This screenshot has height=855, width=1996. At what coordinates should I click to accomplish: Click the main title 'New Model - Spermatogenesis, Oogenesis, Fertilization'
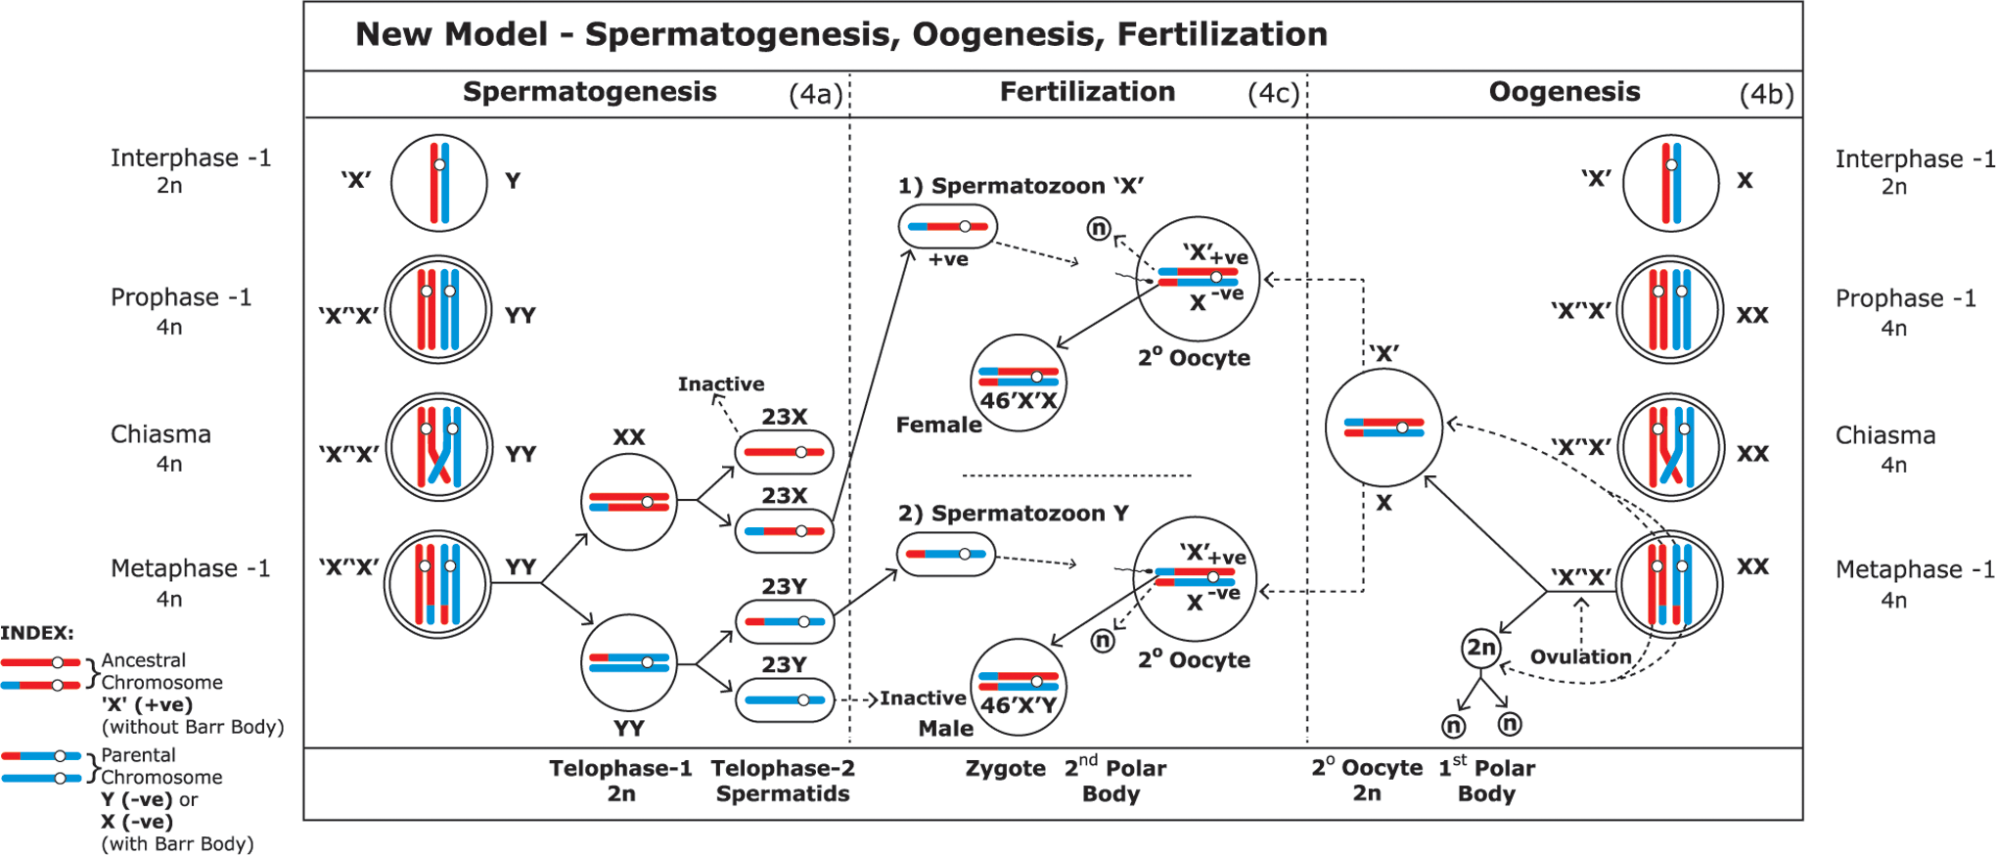coord(841,34)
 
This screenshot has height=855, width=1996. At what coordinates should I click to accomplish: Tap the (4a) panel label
coord(816,94)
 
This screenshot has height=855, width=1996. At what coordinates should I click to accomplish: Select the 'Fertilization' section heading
coord(1087,91)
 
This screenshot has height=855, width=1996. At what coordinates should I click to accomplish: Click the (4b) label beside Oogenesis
coord(1766,94)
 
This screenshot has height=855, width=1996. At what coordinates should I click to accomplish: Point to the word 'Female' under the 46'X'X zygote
coord(939,425)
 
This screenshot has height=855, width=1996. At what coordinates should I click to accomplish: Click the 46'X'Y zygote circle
coord(1019,688)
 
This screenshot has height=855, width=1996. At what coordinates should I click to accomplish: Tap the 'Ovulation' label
coord(1581,656)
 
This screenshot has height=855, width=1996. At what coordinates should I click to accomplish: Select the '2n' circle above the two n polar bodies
coord(1481,648)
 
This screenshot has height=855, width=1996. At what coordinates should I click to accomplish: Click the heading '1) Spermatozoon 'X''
coord(1021,186)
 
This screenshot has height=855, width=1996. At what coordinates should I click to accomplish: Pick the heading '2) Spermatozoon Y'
coord(1014,514)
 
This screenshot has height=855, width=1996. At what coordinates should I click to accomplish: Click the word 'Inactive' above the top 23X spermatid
coord(721,383)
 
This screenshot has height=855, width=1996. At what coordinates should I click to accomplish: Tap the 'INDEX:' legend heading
coord(37,633)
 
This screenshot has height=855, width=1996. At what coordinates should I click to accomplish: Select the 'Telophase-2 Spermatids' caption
coord(783,781)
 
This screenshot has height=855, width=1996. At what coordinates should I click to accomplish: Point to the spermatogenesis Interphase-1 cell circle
coord(439,183)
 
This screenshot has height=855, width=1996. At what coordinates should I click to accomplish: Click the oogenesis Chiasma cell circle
coord(1671,447)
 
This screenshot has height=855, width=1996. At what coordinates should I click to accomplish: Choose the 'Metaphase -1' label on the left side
coord(190,568)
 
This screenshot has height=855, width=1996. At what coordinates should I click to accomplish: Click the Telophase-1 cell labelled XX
coord(629,502)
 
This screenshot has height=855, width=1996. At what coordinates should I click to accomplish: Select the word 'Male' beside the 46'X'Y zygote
coord(946,728)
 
